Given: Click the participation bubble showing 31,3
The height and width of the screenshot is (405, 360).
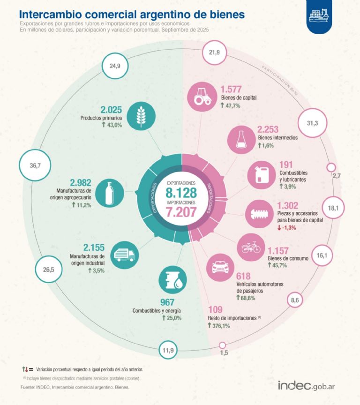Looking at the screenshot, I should tap(312, 123).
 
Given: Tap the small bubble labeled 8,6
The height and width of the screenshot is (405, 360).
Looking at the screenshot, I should tap(294, 299).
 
